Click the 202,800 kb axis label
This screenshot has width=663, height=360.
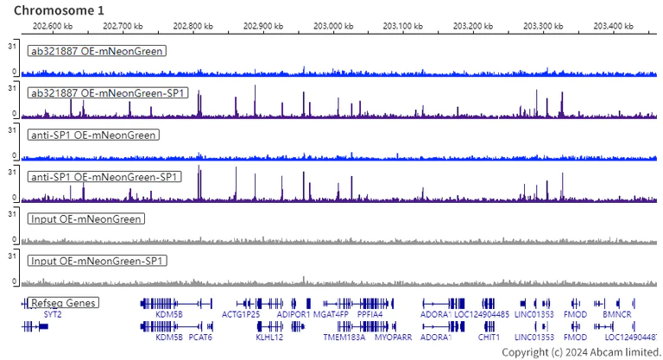click(x=192, y=27)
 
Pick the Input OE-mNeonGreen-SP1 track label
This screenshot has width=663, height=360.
click(x=98, y=261)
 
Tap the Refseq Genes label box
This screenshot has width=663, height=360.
click(x=63, y=303)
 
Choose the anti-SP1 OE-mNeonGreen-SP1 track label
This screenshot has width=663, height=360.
click(x=104, y=177)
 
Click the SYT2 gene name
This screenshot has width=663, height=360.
click(x=53, y=314)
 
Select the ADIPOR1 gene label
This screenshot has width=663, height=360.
click(x=294, y=314)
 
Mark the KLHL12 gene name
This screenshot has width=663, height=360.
click(x=269, y=337)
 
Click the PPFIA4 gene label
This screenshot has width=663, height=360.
click(x=369, y=314)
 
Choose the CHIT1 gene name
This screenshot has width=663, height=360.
click(x=489, y=337)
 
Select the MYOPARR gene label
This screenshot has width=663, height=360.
click(x=393, y=337)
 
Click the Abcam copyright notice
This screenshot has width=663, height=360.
click(x=581, y=352)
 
